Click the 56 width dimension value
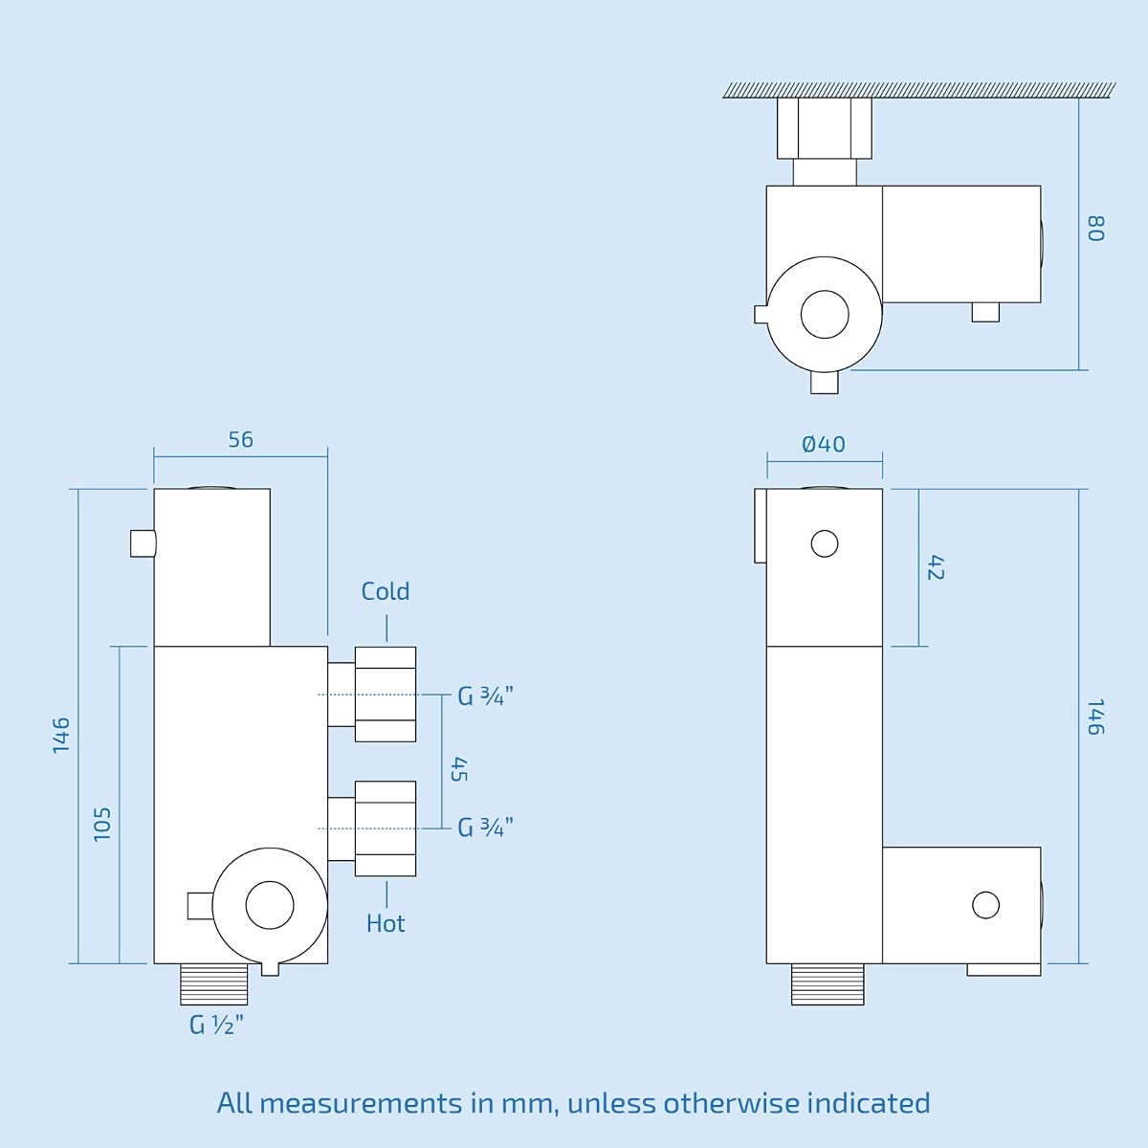point(241,440)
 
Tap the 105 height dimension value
point(102,825)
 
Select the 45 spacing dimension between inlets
point(459,769)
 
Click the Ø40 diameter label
point(824,445)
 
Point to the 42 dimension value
point(936,567)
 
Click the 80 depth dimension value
point(1096,229)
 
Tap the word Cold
point(386,591)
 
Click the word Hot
point(386,924)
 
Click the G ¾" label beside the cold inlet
point(485,695)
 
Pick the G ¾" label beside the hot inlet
point(485,828)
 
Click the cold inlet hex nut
point(386,695)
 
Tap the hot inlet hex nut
point(386,828)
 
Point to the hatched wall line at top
point(918,90)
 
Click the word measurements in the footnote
point(361,1103)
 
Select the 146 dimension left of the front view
point(61,736)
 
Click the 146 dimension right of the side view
point(1096,717)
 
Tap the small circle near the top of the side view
point(825,544)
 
